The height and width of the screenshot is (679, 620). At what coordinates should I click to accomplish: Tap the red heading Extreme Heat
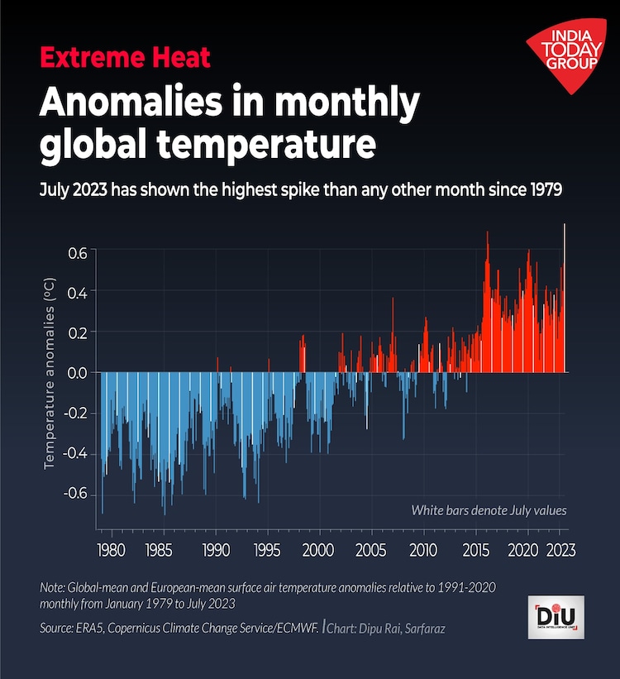click(125, 58)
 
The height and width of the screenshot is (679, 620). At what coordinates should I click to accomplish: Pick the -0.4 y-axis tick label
click(74, 453)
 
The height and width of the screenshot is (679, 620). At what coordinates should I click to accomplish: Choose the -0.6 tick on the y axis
click(74, 494)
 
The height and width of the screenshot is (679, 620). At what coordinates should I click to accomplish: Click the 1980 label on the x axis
click(111, 550)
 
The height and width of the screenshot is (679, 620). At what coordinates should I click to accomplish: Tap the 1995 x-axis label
click(266, 550)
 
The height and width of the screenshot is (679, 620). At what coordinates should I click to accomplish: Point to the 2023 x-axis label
click(560, 550)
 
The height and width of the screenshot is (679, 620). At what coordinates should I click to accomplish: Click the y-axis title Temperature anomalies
click(50, 374)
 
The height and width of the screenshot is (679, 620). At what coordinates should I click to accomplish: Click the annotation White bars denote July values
click(489, 510)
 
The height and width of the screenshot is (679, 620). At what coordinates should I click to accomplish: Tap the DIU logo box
click(556, 617)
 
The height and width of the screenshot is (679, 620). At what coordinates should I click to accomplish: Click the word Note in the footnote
click(52, 587)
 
